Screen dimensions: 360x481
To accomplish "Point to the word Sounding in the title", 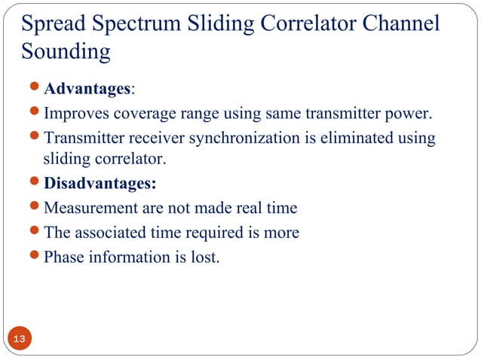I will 66,53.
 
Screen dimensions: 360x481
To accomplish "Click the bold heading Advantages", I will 87,90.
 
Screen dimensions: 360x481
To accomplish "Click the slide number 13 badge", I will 19,340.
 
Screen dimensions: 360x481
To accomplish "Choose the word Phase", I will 65,257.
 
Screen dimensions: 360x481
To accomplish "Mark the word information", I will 129,257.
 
